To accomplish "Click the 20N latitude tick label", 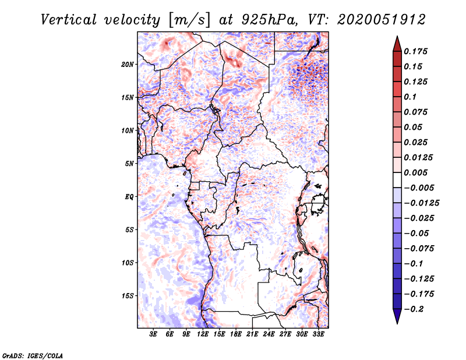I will [128, 64].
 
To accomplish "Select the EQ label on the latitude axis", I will [129, 197].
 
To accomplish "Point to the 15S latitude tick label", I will [128, 296].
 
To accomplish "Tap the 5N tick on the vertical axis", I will [129, 164].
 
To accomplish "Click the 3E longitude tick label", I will [153, 335].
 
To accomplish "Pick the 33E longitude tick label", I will [319, 335].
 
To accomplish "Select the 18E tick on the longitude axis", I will [236, 335].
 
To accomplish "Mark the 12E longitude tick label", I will [203, 335].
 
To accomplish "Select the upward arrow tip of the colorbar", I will [397, 38].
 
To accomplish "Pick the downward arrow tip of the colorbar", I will [397, 322].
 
